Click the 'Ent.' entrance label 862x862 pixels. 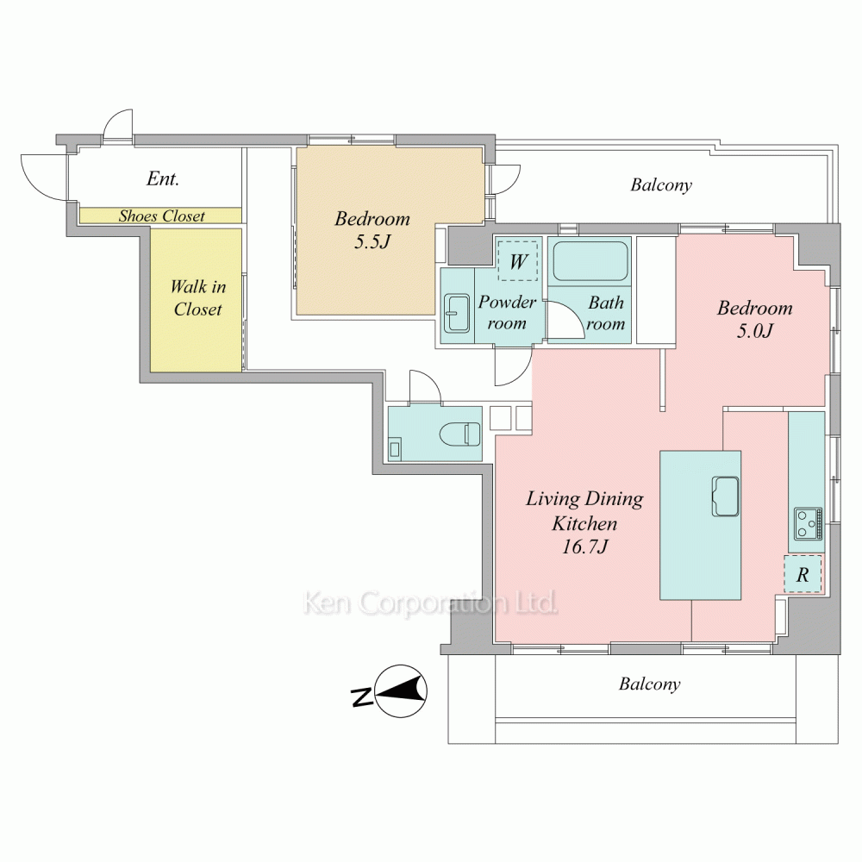163,178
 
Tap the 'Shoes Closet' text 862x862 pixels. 162,216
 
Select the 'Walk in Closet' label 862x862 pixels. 198,297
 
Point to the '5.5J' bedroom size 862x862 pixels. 372,241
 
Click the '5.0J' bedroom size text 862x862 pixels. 755,330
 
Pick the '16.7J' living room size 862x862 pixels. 584,547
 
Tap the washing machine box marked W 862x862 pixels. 517,261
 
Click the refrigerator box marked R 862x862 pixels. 803,574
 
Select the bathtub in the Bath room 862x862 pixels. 590,261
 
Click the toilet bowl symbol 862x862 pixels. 460,434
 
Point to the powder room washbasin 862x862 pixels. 457,314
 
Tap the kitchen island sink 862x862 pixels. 725,497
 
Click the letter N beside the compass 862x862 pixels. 361,697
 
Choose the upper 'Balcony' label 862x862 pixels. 661,184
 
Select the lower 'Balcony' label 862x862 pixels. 650,684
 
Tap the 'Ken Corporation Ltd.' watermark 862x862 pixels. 430,603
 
